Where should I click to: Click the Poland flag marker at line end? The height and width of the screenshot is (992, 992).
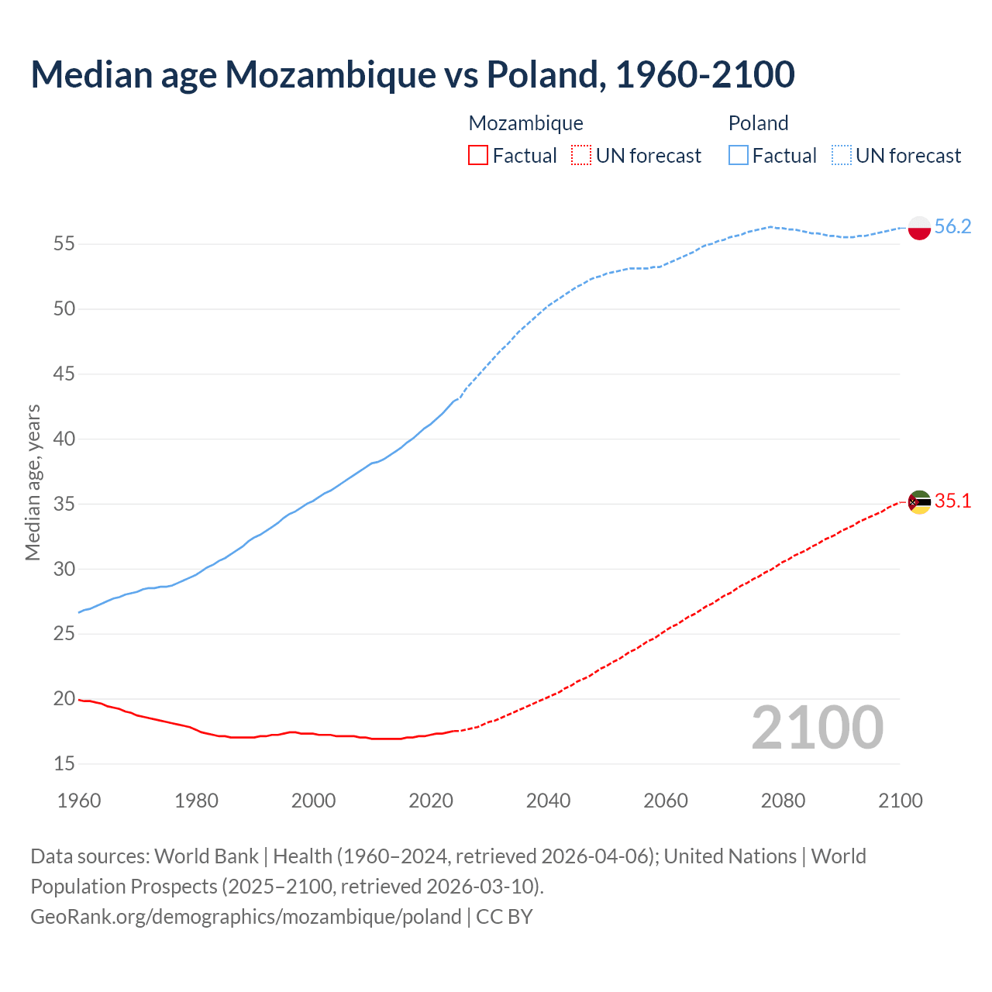coord(919,228)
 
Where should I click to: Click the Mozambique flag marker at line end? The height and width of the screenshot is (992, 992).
coord(919,502)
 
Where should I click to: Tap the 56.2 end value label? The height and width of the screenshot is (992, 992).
coord(952,226)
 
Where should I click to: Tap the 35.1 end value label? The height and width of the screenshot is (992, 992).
coord(952,501)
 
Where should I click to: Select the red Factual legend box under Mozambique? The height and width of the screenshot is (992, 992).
coord(478,155)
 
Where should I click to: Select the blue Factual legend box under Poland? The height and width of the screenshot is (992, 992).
coord(739,155)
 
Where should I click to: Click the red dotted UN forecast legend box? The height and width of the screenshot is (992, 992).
coord(581,155)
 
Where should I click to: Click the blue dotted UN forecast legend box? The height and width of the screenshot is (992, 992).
coord(842,155)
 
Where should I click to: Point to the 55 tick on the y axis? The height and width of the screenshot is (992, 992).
coord(64,244)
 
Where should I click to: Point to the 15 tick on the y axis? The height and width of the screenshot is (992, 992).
coord(64,763)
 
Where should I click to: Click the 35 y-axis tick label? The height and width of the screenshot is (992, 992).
coord(64,504)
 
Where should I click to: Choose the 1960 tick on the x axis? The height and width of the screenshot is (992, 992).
coord(79,800)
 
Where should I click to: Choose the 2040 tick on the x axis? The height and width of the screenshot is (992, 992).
coord(548,800)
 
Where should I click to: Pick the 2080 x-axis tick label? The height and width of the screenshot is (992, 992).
coord(783,800)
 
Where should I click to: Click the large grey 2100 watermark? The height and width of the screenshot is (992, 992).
coord(817,727)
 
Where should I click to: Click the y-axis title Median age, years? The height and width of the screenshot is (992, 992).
coord(33,482)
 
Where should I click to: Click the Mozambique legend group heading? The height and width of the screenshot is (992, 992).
coord(525,123)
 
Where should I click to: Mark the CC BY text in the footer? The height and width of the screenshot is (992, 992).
coord(505,916)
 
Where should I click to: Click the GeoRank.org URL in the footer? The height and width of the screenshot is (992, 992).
coord(246,916)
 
